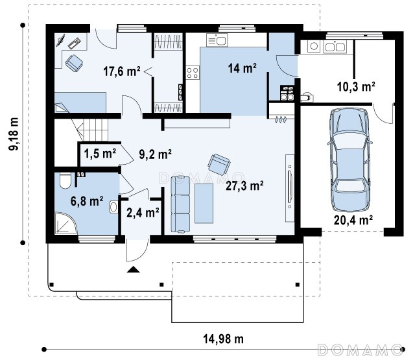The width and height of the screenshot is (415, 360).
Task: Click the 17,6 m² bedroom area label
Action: pos(121,71)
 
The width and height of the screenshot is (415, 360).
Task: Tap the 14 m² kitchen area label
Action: pos(242,68)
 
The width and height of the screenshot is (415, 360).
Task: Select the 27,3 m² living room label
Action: pos(244,186)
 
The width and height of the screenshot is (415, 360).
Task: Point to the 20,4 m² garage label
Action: pos(353,220)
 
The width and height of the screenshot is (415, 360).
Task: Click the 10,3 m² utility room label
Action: pos(356,86)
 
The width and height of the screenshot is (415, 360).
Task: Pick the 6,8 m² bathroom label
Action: pos(87,201)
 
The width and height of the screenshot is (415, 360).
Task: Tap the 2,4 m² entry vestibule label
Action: pos(143,213)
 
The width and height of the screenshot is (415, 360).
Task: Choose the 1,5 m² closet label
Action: pos(100,153)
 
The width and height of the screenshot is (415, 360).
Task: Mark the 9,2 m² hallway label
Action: pos(156,154)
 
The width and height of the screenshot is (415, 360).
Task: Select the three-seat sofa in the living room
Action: pos(180,204)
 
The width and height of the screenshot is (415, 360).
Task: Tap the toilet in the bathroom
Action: pos(65,180)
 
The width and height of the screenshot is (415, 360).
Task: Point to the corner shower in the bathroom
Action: pos(66,223)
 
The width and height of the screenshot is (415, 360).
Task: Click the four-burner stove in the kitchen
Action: pos(193,72)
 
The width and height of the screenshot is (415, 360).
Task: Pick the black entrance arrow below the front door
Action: pos(133,269)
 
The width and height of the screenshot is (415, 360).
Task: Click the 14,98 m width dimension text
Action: pos(223,339)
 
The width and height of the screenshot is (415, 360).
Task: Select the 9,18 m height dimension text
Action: pos(14,134)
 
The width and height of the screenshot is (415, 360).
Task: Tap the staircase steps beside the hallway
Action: pos(93,130)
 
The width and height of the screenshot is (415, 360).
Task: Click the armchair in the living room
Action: pos(219,164)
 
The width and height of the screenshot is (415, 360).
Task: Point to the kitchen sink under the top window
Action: pos(217,40)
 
